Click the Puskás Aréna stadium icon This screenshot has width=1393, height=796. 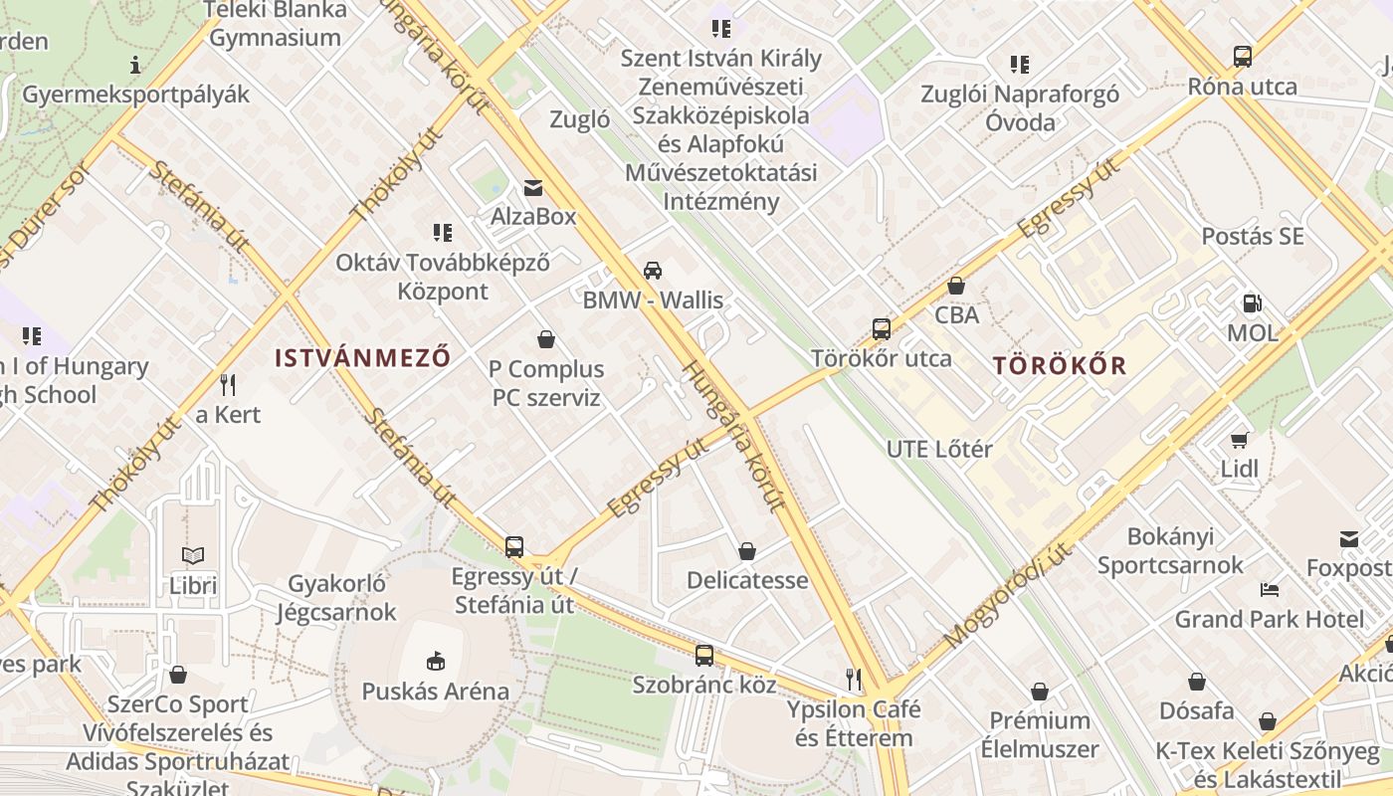[435, 660]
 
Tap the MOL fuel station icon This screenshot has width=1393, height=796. [1252, 303]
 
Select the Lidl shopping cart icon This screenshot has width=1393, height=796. [1239, 439]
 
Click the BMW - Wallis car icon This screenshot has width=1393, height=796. [653, 270]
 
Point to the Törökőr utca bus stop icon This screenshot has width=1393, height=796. [881, 328]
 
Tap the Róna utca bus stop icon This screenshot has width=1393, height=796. [1242, 57]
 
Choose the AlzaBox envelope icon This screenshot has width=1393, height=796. [533, 187]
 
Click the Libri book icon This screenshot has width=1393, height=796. [192, 555]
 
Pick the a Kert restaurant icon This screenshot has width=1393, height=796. [228, 384]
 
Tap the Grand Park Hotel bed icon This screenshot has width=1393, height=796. [1269, 589]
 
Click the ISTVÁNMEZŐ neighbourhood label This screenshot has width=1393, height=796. [363, 357]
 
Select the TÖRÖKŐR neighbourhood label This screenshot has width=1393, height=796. [1060, 365]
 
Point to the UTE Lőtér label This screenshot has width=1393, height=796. [939, 449]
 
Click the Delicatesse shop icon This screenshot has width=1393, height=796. [746, 550]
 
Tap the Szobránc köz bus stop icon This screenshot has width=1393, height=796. [703, 655]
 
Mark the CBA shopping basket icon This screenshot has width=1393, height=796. [956, 286]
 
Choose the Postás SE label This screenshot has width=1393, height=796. [1252, 237]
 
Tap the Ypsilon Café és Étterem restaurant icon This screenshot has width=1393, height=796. [853, 680]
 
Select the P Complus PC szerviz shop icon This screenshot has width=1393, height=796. [545, 339]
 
